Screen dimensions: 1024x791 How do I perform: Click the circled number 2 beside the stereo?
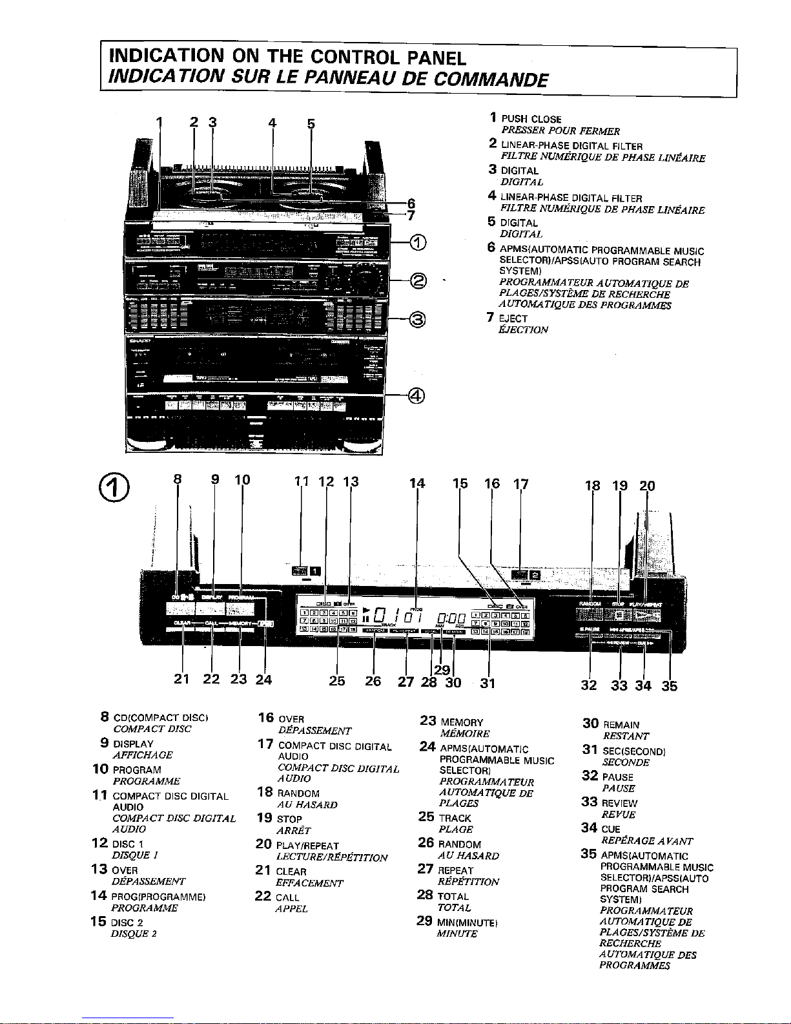[419, 280]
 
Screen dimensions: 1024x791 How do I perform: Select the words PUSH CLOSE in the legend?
[531, 120]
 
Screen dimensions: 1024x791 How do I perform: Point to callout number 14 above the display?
[417, 482]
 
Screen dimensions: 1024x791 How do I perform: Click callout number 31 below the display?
[488, 682]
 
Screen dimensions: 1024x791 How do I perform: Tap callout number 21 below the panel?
[182, 679]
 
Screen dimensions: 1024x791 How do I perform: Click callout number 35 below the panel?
[670, 685]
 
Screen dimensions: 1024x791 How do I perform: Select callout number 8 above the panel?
[178, 479]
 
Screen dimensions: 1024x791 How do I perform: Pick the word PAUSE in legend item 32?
[617, 777]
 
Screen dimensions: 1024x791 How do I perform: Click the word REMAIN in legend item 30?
[621, 725]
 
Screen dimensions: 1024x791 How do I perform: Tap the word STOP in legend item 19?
[289, 819]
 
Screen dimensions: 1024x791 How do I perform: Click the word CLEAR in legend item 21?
[291, 872]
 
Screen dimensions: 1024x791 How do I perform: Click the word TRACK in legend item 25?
[455, 818]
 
